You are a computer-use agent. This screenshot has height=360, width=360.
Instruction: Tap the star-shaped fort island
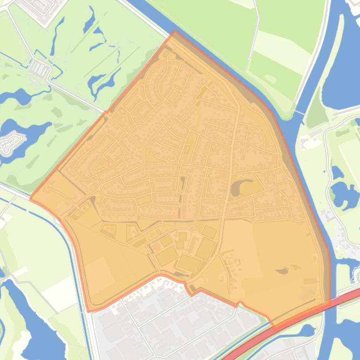(x=11, y=143)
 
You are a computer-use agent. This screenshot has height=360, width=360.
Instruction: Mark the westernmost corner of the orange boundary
(x=31, y=199)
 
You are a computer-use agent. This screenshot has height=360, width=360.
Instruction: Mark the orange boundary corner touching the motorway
(x=327, y=303)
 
